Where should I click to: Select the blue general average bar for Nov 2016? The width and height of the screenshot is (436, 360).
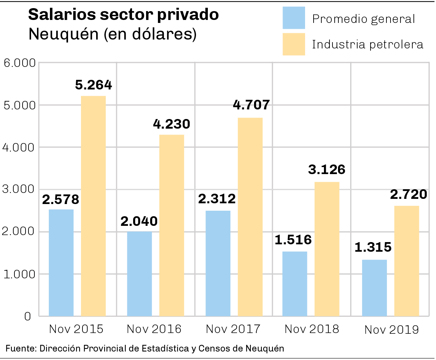coord(139,274)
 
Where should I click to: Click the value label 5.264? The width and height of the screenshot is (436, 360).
coord(93,85)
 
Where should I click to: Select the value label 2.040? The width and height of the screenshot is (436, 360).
coord(139,221)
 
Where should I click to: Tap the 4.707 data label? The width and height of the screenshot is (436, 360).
coord(251,105)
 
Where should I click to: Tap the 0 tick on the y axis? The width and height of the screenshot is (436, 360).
coord(28,316)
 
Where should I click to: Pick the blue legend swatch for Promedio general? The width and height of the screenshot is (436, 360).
coord(294,18)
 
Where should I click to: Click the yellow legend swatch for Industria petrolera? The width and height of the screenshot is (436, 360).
coord(294,44)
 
